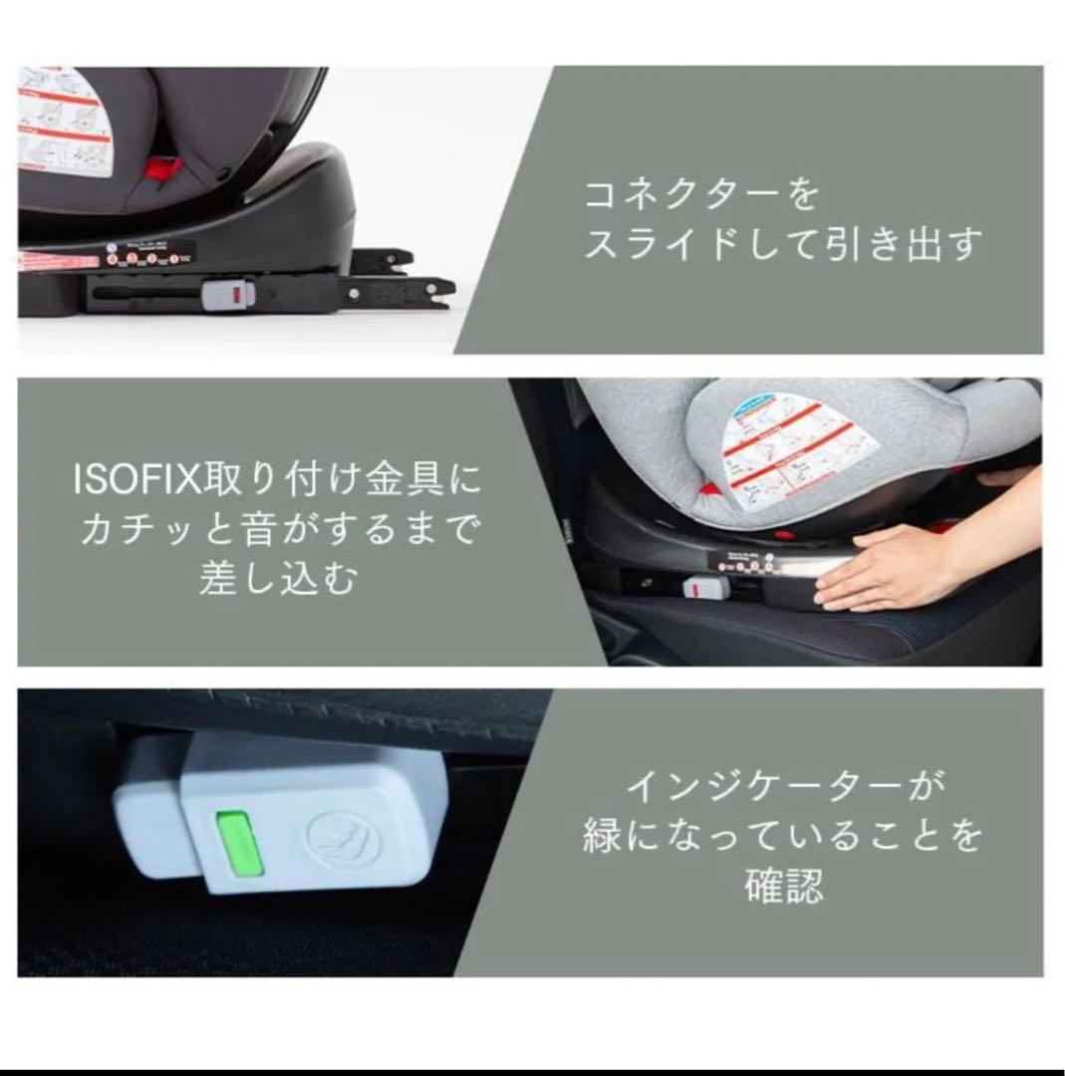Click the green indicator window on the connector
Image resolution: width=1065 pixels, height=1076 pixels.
point(238,845)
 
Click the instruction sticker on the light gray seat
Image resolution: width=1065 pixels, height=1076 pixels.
point(797,448)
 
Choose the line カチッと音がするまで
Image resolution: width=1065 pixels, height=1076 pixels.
point(277,529)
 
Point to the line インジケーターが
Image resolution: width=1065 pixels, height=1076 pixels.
point(784,788)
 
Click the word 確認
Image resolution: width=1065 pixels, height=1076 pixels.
point(784,885)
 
